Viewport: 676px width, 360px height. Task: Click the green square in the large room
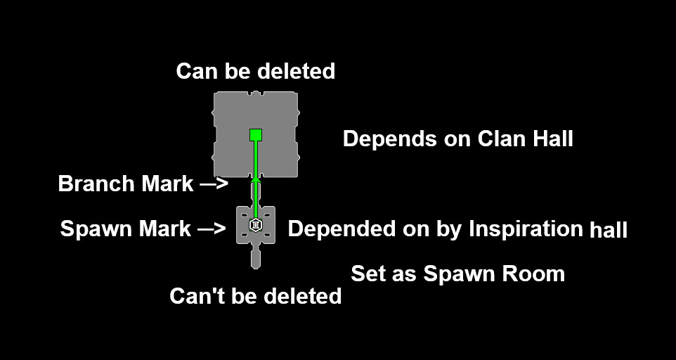256,134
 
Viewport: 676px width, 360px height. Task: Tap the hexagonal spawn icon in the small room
256,226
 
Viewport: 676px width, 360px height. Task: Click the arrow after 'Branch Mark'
214,184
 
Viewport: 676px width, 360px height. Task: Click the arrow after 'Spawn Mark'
212,229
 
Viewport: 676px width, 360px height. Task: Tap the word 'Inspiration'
526,229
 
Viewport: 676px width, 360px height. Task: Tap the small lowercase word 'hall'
609,230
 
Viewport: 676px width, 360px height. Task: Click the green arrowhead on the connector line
256,181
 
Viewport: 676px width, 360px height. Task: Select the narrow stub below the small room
256,257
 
